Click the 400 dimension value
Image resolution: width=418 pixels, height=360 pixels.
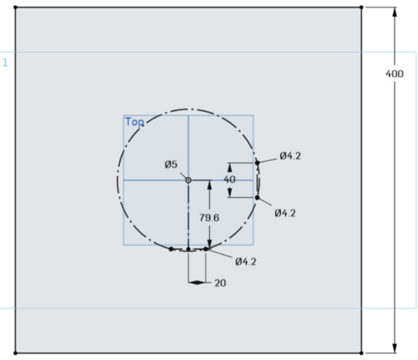coord(395,74)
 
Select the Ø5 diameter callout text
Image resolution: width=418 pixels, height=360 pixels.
coord(171,165)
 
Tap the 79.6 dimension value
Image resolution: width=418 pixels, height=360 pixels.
coord(209,217)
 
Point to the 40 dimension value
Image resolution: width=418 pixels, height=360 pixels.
coord(230,180)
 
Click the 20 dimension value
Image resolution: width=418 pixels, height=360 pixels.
coord(220,283)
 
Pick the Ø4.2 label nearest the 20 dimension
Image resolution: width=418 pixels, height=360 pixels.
coord(246,261)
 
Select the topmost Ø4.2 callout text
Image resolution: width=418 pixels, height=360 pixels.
coord(290,156)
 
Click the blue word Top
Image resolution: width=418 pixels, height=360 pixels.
coord(135,122)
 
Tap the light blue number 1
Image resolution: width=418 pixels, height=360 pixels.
coord(5,63)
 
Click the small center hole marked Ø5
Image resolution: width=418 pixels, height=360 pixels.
coord(188,180)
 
